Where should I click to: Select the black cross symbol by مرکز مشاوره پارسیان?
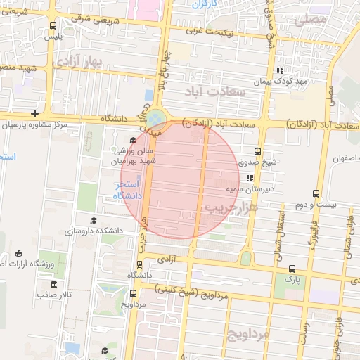coord(34,113)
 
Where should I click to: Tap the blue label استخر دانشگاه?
coord(128,189)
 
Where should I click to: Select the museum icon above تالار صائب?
coord(55,284)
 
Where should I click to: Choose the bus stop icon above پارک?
coord(292,269)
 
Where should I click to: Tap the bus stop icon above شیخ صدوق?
coord(257,150)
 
